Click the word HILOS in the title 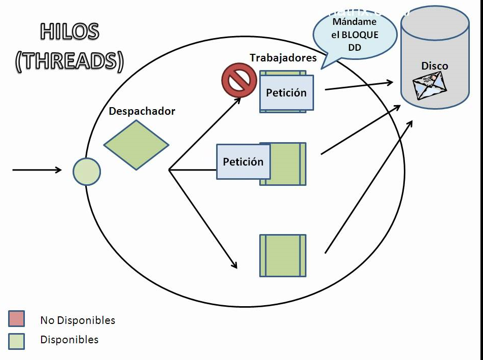pos(69,31)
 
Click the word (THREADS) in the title pos(70,61)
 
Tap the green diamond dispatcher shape pos(136,144)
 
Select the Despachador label pos(142,111)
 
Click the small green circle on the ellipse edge pos(87,172)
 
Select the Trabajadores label pos(283,57)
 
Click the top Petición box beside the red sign pos(287,93)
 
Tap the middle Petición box pos(243,162)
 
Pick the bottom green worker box pos(283,255)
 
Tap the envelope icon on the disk pos(430,85)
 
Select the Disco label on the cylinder pos(435,66)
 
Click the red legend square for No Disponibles pos(16,318)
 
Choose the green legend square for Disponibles pos(16,341)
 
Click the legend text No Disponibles pos(78,320)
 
